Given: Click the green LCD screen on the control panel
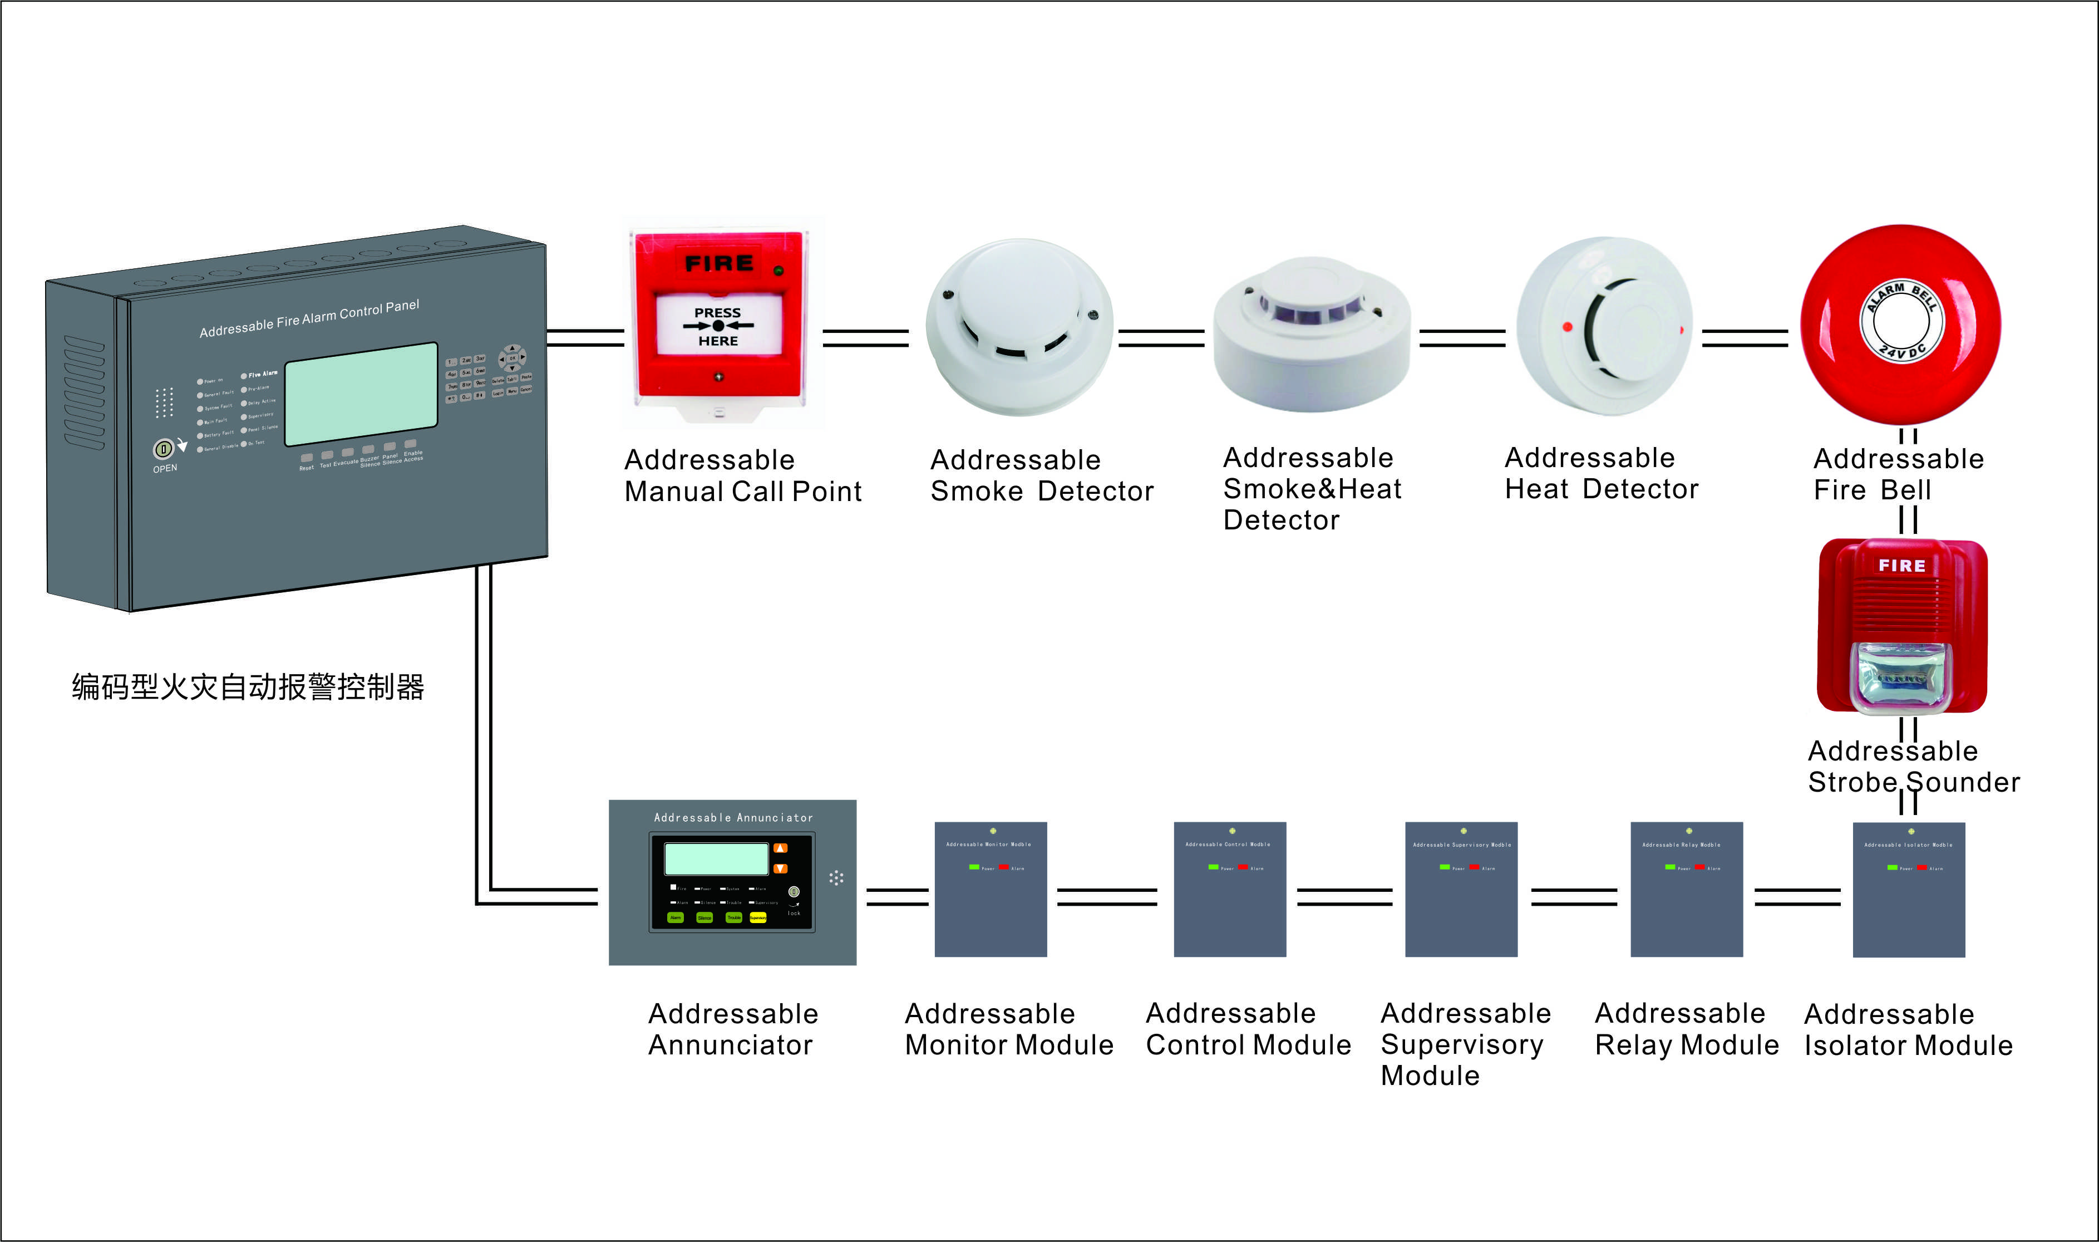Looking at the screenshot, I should [361, 394].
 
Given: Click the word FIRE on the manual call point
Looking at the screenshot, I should [718, 264].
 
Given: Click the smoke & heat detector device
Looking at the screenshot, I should [1312, 335].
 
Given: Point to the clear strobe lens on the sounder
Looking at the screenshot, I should [1901, 676].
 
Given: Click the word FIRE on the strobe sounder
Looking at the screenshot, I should [1901, 566].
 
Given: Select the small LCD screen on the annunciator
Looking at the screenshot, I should [716, 858].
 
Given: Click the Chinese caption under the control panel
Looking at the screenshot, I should [248, 687].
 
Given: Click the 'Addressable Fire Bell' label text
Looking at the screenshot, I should [1898, 474].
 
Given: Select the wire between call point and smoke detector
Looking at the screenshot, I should [865, 338].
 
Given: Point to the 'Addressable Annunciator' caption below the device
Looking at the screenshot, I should [733, 1029].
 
